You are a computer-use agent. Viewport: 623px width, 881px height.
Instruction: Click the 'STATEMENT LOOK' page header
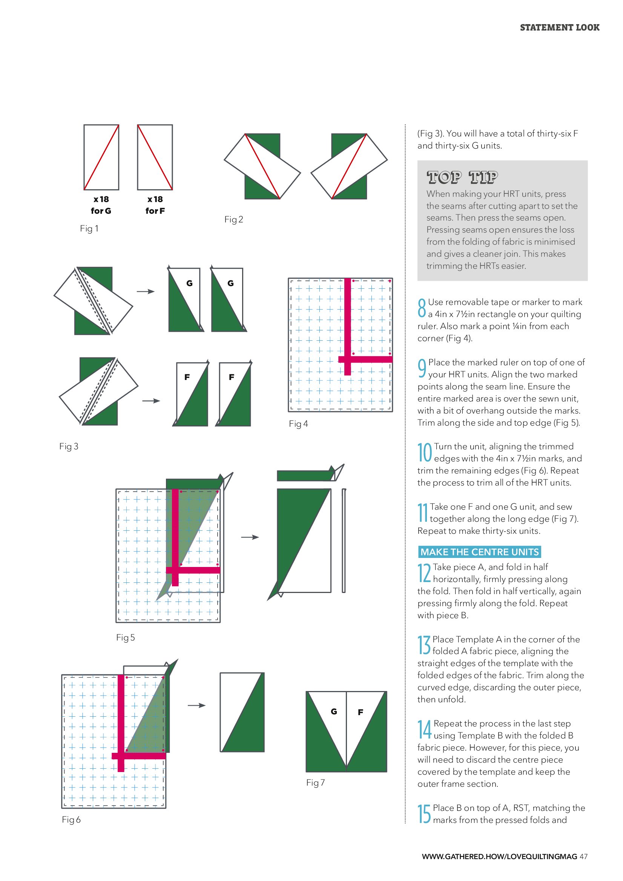click(x=559, y=28)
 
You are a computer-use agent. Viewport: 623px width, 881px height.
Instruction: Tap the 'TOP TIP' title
click(x=462, y=177)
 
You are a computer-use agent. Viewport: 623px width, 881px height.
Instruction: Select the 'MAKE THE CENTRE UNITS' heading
click(x=479, y=552)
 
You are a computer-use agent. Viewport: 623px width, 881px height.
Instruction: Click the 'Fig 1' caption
click(x=89, y=229)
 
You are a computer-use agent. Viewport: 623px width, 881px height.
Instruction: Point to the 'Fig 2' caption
click(x=233, y=219)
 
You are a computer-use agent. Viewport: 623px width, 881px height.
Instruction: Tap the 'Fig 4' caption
click(x=298, y=424)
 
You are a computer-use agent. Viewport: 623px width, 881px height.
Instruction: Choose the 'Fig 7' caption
click(x=315, y=783)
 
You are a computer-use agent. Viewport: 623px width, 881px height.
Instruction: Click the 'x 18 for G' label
click(x=101, y=205)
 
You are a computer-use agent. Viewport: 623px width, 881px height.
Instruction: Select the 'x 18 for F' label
click(x=155, y=205)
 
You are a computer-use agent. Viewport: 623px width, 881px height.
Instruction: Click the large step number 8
click(x=422, y=308)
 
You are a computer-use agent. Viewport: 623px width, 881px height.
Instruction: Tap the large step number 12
click(x=424, y=573)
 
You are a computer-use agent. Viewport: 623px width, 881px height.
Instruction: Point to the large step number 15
click(x=424, y=814)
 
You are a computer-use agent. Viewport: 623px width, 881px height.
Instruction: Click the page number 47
click(x=583, y=856)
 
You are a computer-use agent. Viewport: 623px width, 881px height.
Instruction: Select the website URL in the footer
click(x=499, y=856)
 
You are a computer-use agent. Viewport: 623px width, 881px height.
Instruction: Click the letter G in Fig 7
click(x=334, y=711)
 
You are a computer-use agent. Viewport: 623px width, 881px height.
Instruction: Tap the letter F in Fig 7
click(x=361, y=712)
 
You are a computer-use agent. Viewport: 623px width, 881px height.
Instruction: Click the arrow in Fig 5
click(x=250, y=537)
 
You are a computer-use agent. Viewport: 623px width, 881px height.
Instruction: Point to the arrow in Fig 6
click(x=196, y=705)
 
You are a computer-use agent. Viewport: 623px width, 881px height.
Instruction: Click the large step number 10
click(x=425, y=452)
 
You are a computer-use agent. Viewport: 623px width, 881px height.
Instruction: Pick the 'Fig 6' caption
click(x=71, y=820)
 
